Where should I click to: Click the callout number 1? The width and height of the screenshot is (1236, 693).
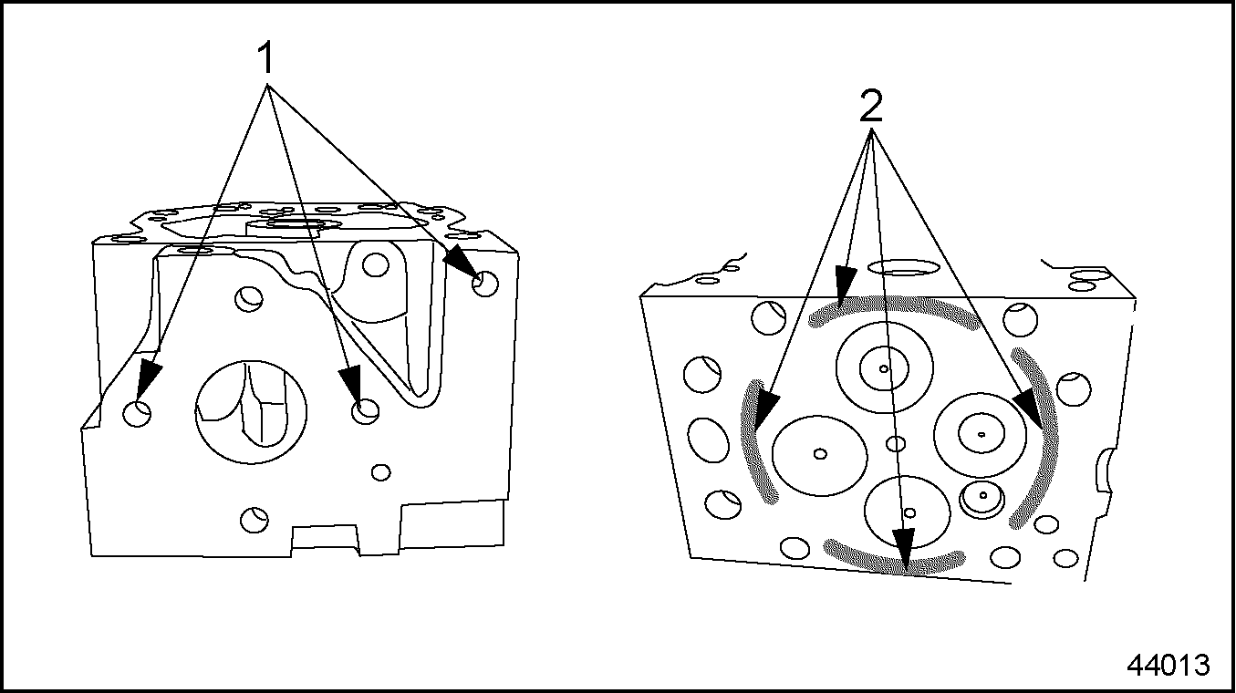point(265,58)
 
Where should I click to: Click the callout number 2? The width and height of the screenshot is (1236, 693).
point(871,106)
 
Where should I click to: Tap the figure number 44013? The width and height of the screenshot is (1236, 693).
point(1168,665)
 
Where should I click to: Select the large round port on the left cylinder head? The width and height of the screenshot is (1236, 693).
point(251,411)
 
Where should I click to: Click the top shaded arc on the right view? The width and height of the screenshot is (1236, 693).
point(894,305)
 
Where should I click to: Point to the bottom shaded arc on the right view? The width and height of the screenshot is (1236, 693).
point(894,562)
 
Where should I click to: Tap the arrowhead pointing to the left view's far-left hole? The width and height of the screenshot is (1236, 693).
point(147,379)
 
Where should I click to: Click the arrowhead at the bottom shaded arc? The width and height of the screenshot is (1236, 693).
point(904,548)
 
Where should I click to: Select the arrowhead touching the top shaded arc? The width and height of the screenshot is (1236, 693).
point(845,285)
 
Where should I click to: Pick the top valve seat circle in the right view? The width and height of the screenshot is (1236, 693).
point(885,367)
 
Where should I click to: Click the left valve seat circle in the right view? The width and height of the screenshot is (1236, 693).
point(819,456)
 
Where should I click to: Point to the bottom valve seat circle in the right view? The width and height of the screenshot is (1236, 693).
point(907,512)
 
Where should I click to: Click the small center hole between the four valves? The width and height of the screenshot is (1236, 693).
point(896,443)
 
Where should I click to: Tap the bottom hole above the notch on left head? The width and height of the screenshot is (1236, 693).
point(254,520)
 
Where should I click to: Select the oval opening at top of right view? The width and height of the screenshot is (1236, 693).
point(903,267)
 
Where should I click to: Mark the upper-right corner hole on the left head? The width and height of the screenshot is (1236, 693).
point(485,284)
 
